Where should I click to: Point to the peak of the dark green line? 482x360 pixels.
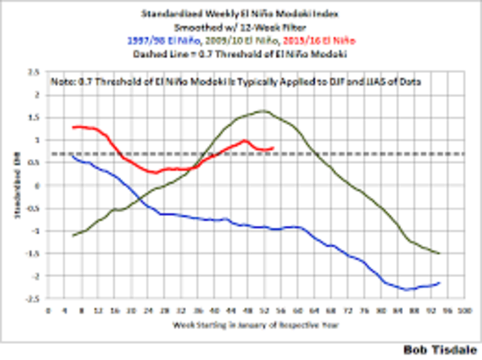click(263, 111)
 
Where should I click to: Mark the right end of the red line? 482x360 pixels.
click(273, 148)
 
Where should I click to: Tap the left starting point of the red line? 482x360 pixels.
click(73, 127)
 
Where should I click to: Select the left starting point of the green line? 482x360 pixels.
click(73, 236)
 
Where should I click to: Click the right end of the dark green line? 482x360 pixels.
click(439, 253)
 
